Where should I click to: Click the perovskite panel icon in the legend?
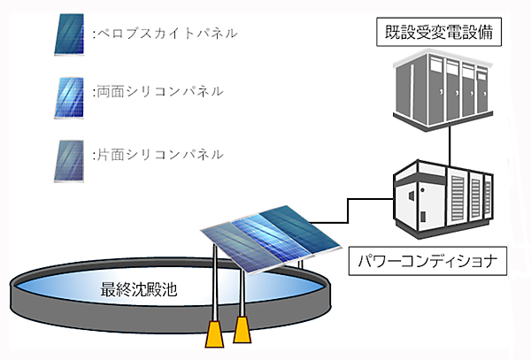[70, 34]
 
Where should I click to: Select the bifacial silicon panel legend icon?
[70, 91]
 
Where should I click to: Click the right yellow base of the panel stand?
[242, 332]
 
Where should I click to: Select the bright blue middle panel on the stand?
[260, 236]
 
